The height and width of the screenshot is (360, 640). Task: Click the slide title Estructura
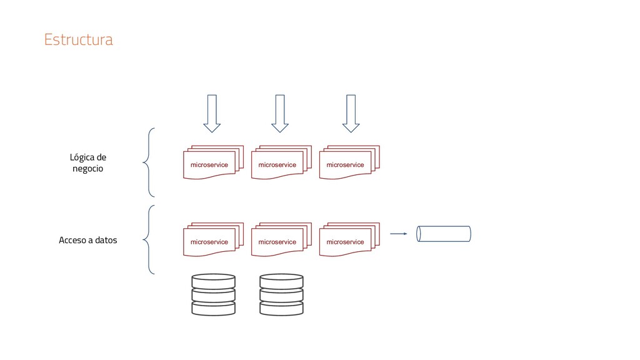[78, 40]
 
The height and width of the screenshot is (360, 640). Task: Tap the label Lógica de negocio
[88, 163]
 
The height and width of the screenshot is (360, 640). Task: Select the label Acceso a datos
[87, 240]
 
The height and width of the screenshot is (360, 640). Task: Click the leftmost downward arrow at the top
[212, 113]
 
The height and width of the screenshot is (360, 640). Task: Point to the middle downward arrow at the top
[280, 113]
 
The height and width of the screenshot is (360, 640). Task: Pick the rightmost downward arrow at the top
[351, 113]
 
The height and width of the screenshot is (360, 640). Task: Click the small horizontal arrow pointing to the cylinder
[398, 234]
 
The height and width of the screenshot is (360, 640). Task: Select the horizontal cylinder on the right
[444, 234]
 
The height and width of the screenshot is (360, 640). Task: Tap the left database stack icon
[213, 294]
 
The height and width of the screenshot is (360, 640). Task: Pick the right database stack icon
[281, 294]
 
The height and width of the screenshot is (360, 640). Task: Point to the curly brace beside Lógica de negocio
[149, 162]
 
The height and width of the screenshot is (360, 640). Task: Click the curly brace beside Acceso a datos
[149, 239]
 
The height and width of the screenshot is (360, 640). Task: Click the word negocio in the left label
[88, 169]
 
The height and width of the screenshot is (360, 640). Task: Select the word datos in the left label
[105, 240]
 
